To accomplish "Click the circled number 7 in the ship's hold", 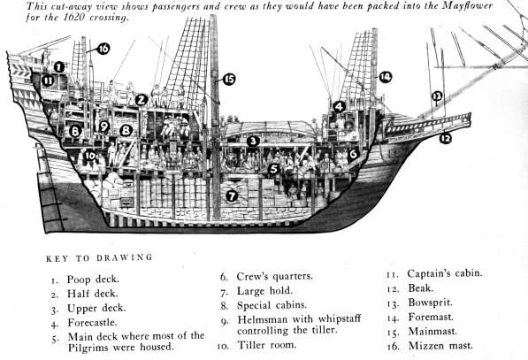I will pyautogui.click(x=232, y=195).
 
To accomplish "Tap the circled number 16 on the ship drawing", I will pyautogui.click(x=103, y=49).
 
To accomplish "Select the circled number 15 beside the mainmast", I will pyautogui.click(x=229, y=80).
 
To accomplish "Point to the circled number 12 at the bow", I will pyautogui.click(x=445, y=138).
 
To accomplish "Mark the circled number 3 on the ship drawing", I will pyautogui.click(x=253, y=141).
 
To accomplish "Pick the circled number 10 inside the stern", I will pyautogui.click(x=89, y=156).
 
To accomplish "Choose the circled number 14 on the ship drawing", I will pyautogui.click(x=385, y=77).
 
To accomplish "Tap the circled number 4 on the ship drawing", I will pyautogui.click(x=340, y=107).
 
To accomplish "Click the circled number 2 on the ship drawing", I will pyautogui.click(x=142, y=100).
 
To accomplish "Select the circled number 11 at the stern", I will pyautogui.click(x=48, y=80).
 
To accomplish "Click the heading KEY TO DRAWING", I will pyautogui.click(x=96, y=258).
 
